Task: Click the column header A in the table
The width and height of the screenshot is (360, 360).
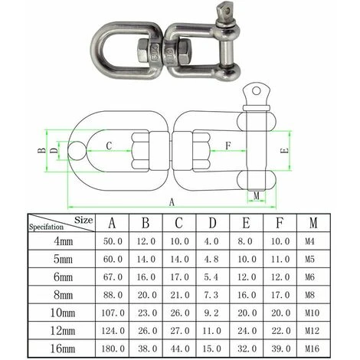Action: click(112, 223)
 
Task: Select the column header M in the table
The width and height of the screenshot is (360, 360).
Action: click(311, 223)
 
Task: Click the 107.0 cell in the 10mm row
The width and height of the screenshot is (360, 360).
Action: click(112, 313)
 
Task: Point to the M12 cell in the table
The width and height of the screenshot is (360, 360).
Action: click(311, 332)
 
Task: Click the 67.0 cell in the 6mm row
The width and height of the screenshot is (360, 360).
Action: click(112, 278)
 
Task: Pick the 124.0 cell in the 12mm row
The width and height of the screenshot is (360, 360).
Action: click(112, 332)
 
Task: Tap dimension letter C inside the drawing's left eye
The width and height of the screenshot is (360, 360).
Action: click(110, 145)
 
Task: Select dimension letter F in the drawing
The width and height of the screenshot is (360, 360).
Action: click(227, 144)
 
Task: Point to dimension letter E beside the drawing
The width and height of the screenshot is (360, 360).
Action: click(285, 152)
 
